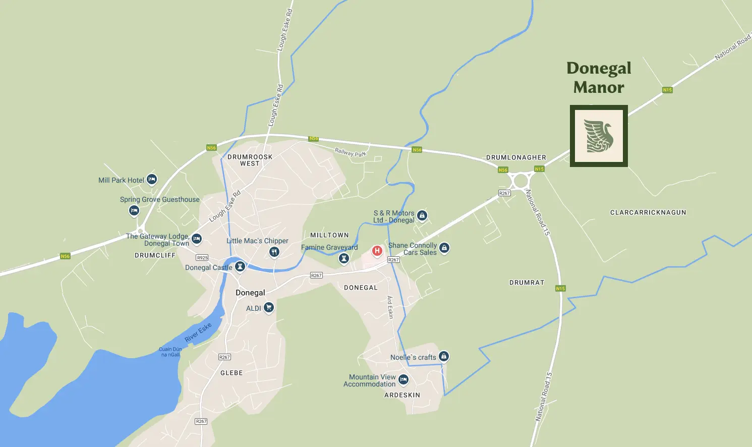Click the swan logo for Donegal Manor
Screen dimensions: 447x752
(599, 136)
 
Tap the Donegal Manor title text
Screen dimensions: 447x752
(599, 78)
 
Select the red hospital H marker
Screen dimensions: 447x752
(377, 251)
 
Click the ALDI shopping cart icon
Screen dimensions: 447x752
(269, 307)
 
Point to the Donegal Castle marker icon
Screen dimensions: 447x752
(241, 266)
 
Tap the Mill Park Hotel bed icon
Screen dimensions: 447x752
(152, 179)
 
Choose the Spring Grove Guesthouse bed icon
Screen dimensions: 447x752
(134, 210)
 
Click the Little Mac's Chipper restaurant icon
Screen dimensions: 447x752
(274, 251)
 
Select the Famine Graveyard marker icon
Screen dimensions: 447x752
(344, 258)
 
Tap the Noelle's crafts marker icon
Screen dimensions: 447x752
(444, 356)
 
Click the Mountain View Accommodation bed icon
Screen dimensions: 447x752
(403, 379)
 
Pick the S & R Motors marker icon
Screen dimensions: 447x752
(422, 215)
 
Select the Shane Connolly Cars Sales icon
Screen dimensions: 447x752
(444, 248)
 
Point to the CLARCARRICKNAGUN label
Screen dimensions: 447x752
(648, 212)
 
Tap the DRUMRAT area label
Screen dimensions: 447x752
(527, 283)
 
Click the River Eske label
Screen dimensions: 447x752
(198, 332)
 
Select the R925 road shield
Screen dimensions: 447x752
(202, 258)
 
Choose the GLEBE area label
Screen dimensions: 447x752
(232, 373)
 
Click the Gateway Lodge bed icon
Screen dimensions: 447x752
(197, 239)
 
